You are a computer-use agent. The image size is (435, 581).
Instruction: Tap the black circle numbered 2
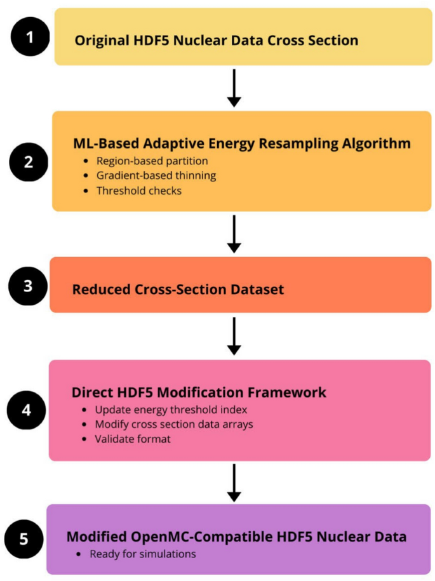[x=29, y=161]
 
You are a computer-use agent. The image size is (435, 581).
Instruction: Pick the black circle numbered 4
[x=25, y=410]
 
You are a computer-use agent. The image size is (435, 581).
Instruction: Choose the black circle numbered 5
[x=24, y=538]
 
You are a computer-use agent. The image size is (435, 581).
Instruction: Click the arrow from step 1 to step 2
[x=234, y=88]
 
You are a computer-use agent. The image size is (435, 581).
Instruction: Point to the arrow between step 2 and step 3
[x=234, y=234]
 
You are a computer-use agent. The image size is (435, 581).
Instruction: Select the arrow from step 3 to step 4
[x=234, y=336]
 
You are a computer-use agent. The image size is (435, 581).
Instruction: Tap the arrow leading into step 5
[x=234, y=482]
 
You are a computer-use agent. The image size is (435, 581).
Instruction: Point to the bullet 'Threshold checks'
[x=138, y=190]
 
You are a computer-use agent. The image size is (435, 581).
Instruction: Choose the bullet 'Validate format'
[x=133, y=439]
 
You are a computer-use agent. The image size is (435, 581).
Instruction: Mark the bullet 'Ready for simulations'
[x=143, y=554]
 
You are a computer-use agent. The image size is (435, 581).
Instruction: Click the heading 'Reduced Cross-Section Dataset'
[x=178, y=290]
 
